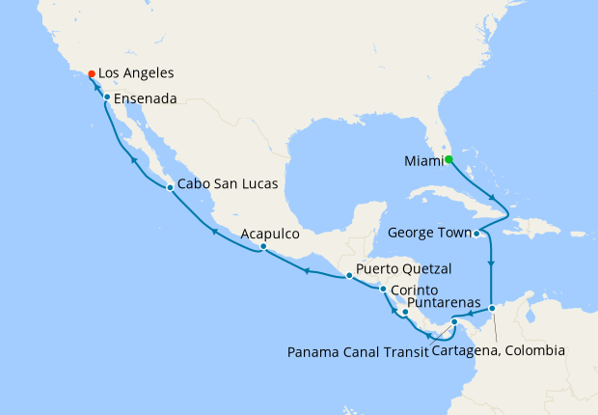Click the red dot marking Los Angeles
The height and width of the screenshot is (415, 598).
pos(91,73)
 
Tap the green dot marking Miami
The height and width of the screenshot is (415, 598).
pos(448,159)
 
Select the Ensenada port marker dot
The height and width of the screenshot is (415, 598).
pos(106,97)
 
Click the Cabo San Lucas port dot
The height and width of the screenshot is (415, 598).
pos(170,187)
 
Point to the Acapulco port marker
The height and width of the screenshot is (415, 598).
pos(262,248)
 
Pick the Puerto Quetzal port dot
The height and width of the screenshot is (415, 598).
pos(349,276)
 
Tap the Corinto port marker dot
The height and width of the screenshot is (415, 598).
pos(383,290)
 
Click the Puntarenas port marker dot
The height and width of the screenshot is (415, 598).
pos(406,312)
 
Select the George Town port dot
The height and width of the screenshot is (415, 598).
pos(476,233)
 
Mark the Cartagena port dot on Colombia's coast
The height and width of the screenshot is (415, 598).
pos(491,309)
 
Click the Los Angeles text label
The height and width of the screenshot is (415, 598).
pos(138,73)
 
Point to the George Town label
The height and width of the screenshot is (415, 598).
pos(429,233)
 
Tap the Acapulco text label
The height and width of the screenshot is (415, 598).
pos(270,234)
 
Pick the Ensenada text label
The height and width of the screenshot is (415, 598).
pos(148,98)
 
